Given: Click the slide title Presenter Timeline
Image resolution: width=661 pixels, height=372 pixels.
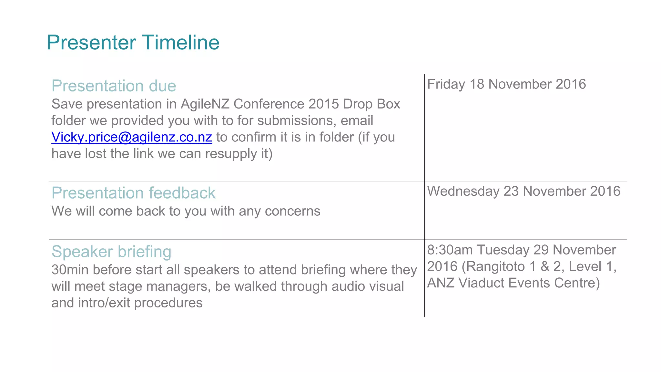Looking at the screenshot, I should click(x=133, y=43).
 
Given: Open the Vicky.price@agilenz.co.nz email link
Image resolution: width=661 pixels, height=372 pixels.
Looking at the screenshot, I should click(x=132, y=137).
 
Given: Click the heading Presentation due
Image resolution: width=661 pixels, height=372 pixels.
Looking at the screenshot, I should click(x=114, y=86).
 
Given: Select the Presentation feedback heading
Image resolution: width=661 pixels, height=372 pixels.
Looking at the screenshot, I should click(x=133, y=193).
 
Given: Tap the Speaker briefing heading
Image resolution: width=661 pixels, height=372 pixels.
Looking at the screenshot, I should click(x=111, y=252).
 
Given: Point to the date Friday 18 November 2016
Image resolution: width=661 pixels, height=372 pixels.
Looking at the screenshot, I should click(x=506, y=84).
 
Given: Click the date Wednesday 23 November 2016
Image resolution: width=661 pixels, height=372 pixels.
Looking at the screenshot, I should click(x=524, y=191).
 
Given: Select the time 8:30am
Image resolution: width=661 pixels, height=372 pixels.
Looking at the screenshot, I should click(x=451, y=250).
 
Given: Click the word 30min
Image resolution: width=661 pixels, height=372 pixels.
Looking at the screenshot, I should click(x=70, y=270).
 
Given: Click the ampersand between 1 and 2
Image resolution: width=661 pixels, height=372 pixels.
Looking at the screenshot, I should click(x=545, y=267).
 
